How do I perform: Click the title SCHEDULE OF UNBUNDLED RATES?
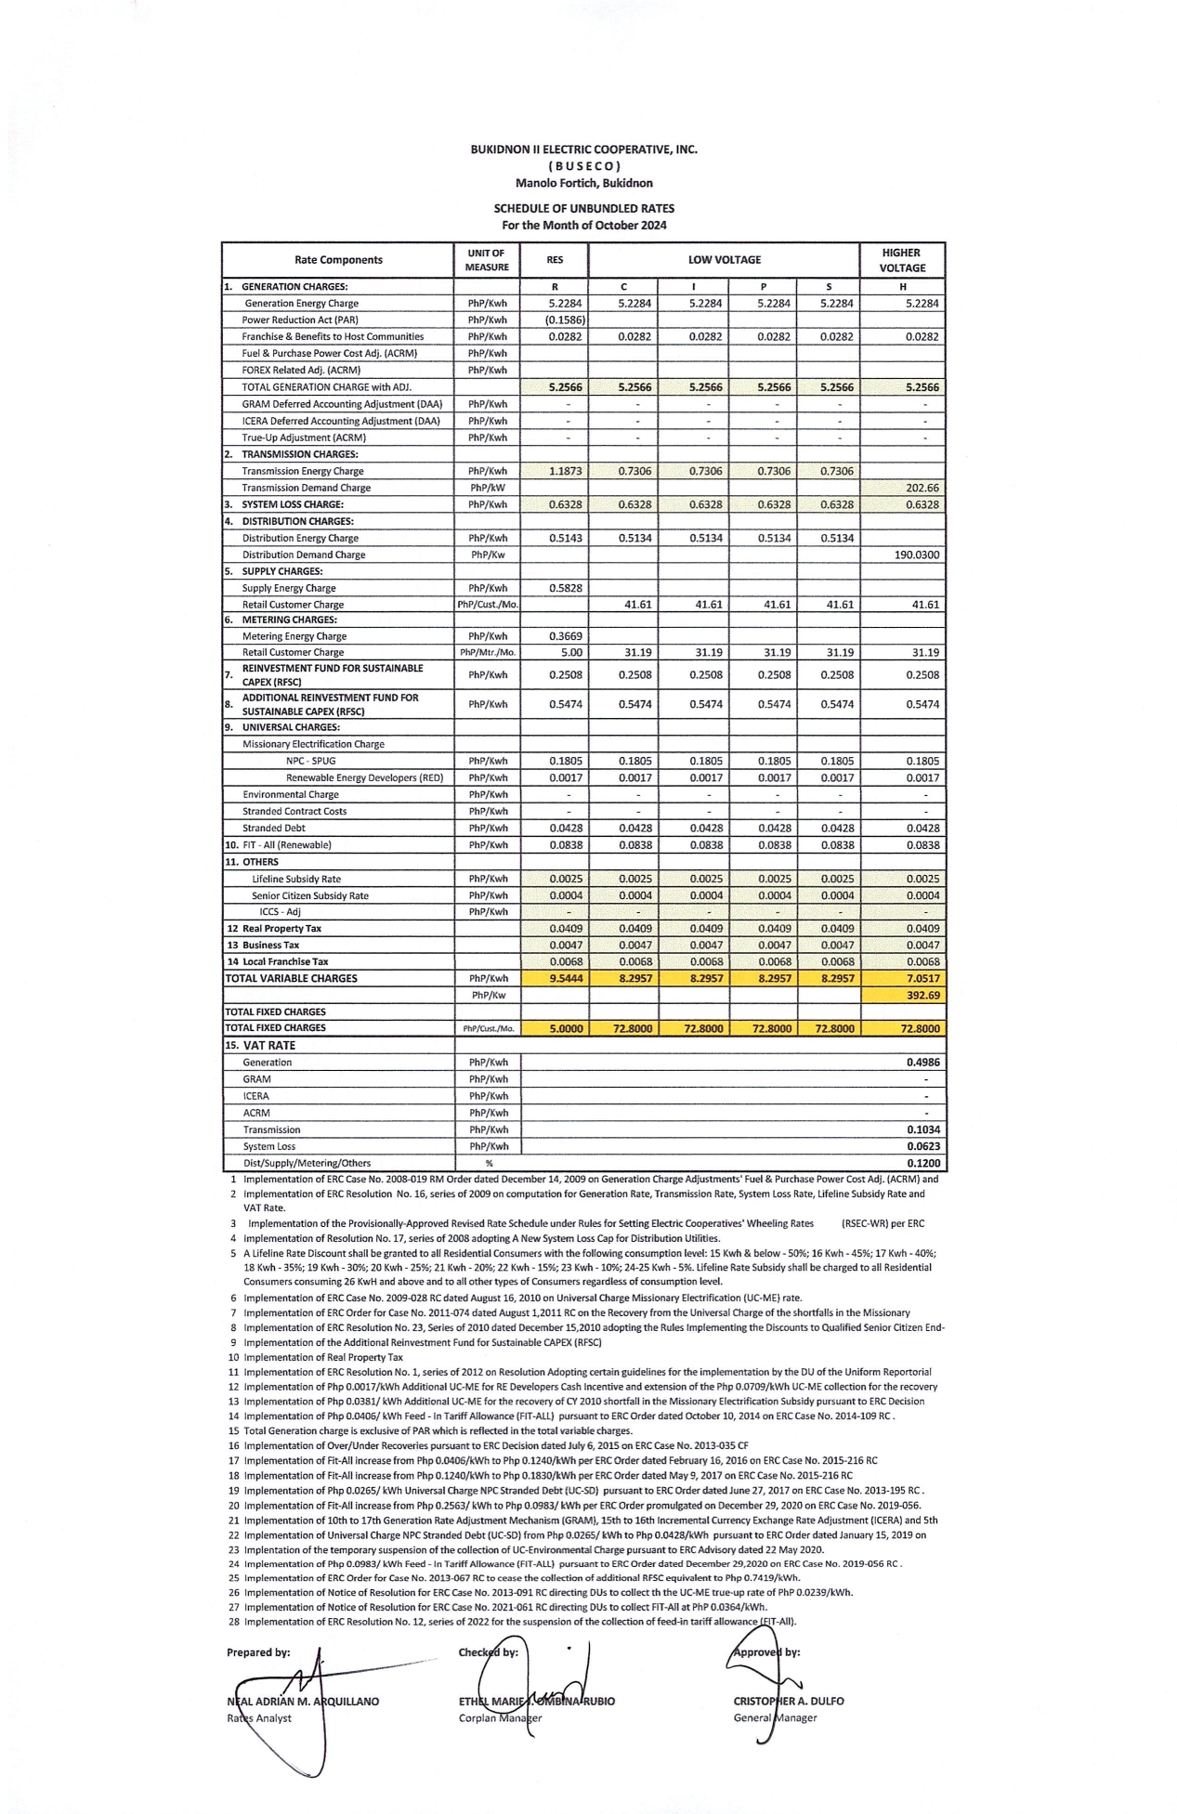[x=583, y=209]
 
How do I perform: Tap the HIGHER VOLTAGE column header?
[x=902, y=260]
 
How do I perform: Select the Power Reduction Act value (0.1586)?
[x=565, y=320]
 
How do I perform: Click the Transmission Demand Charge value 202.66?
[x=922, y=489]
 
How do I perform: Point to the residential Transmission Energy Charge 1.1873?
[x=565, y=472]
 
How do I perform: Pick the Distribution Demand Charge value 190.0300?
[x=916, y=555]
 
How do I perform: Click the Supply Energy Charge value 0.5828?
[x=565, y=589]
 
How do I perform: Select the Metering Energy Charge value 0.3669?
[x=565, y=637]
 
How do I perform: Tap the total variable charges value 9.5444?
[x=566, y=979]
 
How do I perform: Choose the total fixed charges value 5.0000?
[x=566, y=1029]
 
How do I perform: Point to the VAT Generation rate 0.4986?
[x=922, y=1063]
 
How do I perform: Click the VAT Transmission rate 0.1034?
[x=922, y=1130]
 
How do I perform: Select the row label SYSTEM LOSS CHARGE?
[x=292, y=505]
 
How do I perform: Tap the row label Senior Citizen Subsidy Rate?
[x=309, y=896]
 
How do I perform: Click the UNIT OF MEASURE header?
[x=487, y=260]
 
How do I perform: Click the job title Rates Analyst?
[x=259, y=1718]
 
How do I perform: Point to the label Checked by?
[x=489, y=1652]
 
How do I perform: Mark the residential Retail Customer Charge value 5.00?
[x=571, y=653]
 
